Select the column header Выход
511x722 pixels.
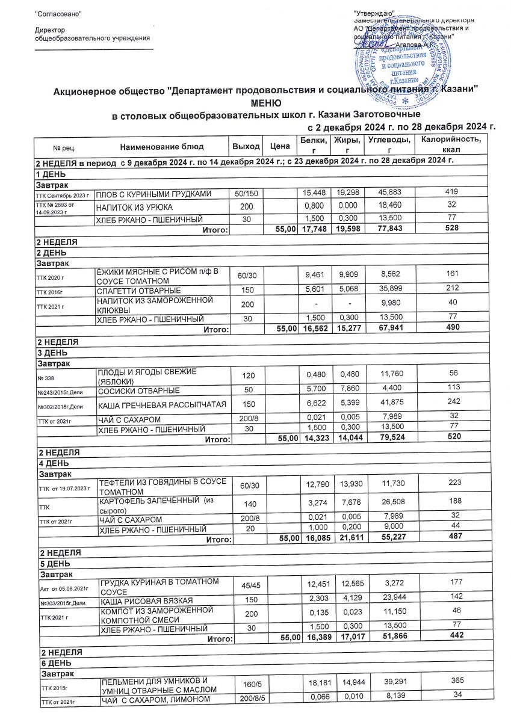(246, 146)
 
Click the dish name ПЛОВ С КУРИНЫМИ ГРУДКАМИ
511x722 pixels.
(153, 193)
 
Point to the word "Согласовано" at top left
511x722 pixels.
(58, 13)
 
